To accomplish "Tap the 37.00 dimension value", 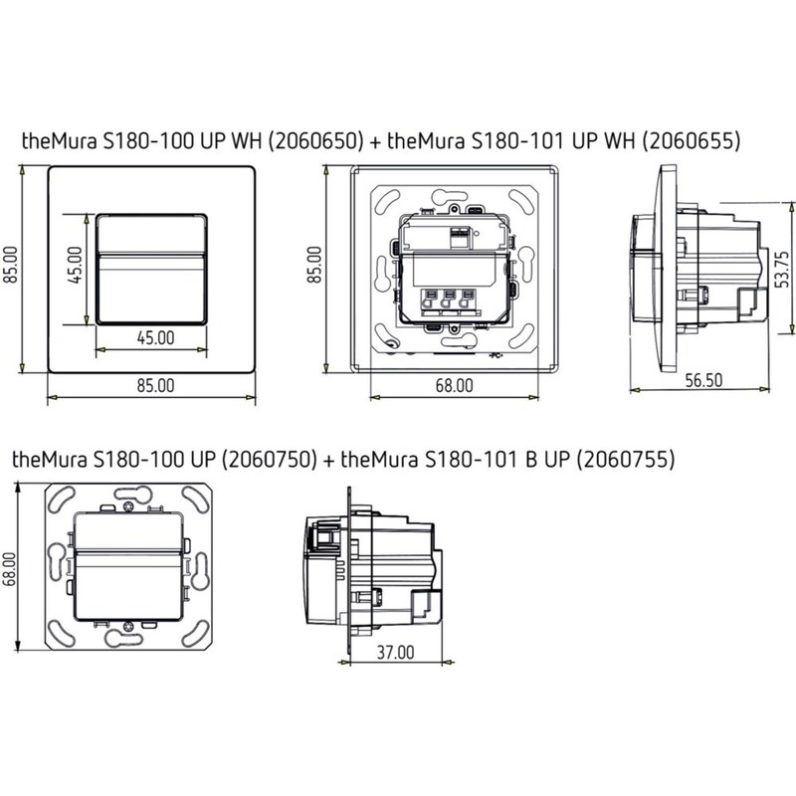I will [394, 653].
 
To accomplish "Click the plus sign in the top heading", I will [375, 141].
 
